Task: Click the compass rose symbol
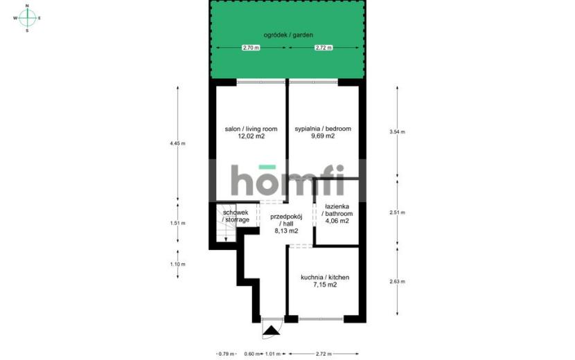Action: (27, 17)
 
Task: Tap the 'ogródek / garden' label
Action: (288, 35)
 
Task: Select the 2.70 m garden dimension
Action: (251, 48)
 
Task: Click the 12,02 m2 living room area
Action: (251, 136)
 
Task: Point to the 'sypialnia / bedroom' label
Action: (323, 129)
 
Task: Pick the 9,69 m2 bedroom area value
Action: (323, 136)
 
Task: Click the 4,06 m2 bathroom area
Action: (337, 221)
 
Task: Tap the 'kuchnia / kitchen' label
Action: (325, 277)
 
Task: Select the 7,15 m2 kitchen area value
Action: (325, 285)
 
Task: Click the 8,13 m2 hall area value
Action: (286, 231)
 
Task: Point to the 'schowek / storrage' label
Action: (236, 216)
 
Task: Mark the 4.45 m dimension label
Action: (177, 143)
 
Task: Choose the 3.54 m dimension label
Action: (397, 132)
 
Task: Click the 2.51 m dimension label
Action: (397, 213)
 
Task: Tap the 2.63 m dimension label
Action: (397, 282)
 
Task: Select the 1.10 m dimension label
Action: (177, 264)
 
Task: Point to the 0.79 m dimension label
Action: (227, 354)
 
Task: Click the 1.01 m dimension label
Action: (272, 354)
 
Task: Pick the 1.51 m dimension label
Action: (177, 223)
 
